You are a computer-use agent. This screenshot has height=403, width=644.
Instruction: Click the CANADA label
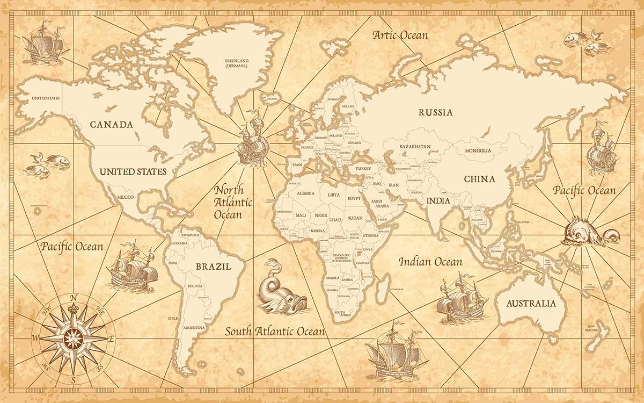[x=111, y=125]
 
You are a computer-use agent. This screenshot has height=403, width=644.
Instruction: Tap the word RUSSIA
[x=436, y=113]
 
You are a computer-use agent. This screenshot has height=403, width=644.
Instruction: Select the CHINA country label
[x=479, y=179]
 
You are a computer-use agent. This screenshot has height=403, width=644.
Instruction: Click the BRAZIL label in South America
[x=213, y=267]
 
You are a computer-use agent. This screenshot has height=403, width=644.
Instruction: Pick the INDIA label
[x=438, y=201]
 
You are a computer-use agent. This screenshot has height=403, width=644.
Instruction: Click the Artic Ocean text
[x=400, y=35]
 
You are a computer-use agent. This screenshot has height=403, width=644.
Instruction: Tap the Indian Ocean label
[x=430, y=262]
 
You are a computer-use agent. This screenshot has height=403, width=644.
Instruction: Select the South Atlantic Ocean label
[x=275, y=331]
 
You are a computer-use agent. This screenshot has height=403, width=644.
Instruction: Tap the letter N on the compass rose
[x=74, y=297]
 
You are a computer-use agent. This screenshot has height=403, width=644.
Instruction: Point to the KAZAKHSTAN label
[x=415, y=146]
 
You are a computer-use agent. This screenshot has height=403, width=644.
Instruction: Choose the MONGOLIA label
[x=478, y=150]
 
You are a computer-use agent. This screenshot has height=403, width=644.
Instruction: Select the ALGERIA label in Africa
[x=305, y=193]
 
